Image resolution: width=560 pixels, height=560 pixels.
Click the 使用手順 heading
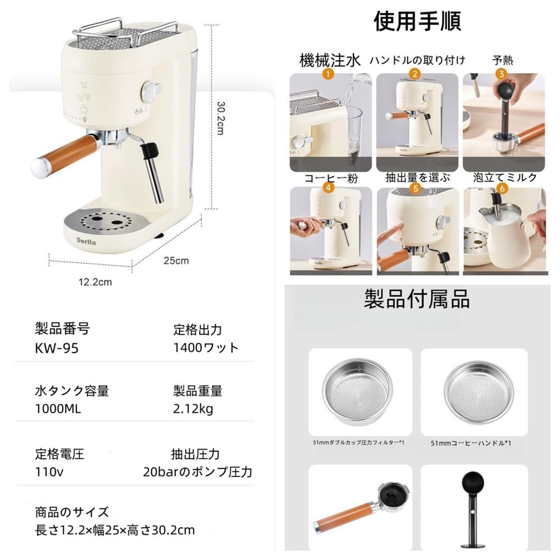[417, 21]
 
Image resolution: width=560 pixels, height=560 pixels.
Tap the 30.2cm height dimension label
[221, 118]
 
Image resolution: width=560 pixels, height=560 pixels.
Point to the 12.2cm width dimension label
[95, 282]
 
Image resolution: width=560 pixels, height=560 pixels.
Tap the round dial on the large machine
[150, 90]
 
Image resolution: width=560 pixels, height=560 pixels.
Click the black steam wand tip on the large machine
[148, 151]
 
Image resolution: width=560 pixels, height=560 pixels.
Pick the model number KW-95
[57, 348]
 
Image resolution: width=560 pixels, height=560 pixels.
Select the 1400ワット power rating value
[206, 348]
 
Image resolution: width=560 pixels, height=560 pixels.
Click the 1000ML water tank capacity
[58, 409]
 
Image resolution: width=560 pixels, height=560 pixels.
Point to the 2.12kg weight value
[193, 409]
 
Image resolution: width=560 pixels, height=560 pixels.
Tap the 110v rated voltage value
[49, 472]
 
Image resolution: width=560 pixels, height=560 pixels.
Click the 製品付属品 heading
[417, 300]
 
